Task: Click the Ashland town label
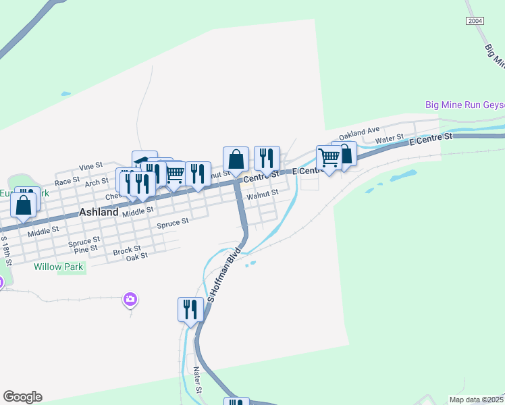coord(99,212)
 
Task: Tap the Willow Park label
coord(58,267)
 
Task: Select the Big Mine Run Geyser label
coord(464,105)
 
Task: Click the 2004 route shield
coord(475,22)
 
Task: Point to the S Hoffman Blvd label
coord(224,276)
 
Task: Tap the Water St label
coord(389,140)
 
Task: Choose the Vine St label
coord(90,165)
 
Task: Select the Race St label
coord(67,182)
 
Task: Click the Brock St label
coord(126,250)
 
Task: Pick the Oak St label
coord(137,256)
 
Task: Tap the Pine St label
coord(86,249)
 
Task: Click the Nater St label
coord(198,380)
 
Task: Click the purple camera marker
coord(130,298)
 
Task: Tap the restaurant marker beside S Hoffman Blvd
coord(190,309)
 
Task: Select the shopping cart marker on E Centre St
coord(329,158)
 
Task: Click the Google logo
coord(22,397)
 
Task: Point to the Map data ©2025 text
coord(477,400)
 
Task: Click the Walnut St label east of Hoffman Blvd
coord(263,194)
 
